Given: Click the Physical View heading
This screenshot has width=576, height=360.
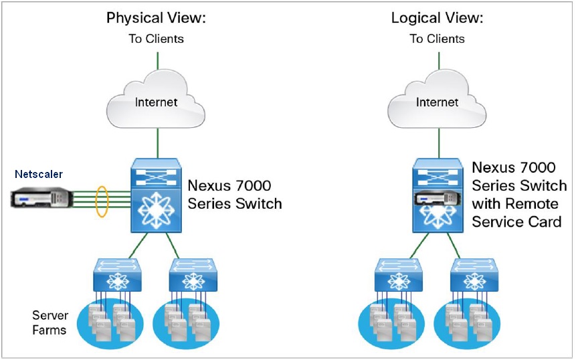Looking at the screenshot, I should pos(156,17).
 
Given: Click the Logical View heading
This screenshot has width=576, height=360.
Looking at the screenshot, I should pos(437,17).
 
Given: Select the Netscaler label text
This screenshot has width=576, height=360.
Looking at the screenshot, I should pos(39,174).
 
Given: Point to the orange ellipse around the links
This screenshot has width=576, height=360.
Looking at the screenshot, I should pos(102,199).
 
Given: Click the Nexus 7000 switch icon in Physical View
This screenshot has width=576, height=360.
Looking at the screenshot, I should pos(155,195).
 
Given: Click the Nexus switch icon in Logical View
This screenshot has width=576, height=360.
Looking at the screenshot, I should pos(438,195).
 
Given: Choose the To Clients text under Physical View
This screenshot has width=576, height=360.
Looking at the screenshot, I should pos(156,39).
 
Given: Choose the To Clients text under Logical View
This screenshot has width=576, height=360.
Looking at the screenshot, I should pos(437,39).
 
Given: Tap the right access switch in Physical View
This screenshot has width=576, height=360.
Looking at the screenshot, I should pos(193,274).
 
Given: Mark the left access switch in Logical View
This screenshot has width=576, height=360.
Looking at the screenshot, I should pos(399,274).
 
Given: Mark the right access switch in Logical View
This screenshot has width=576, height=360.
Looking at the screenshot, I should pos(476,274).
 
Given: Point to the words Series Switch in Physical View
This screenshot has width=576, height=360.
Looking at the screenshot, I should pos(235,203).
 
